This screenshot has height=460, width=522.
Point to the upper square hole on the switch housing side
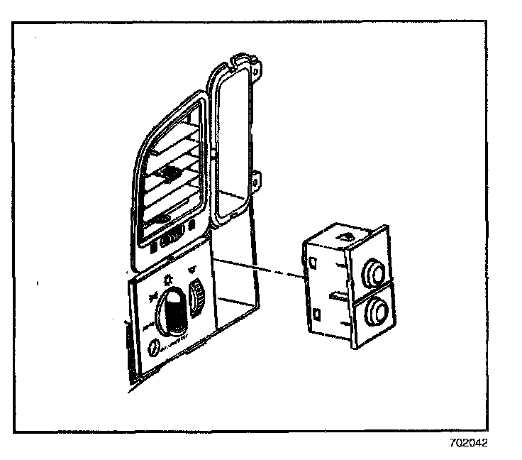click(x=313, y=261)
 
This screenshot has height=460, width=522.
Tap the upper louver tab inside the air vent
click(x=170, y=172)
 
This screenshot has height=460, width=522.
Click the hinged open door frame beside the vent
click(x=231, y=142)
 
